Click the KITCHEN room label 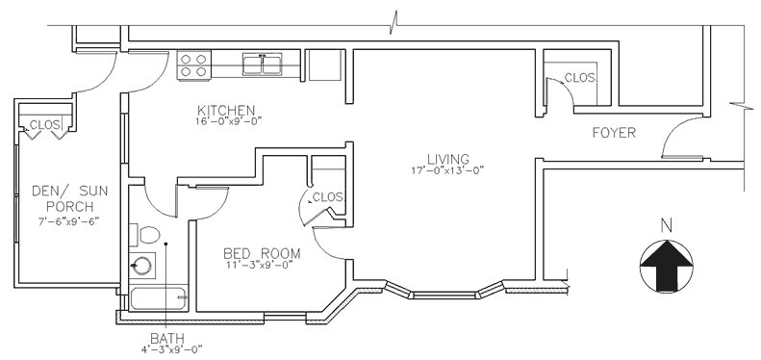(226, 110)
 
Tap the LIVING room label (448, 159)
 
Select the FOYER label (614, 133)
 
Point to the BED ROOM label (262, 253)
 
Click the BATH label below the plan (167, 338)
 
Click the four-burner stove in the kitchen (194, 65)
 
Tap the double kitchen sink (262, 64)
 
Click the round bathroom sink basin (141, 266)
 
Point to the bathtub (158, 297)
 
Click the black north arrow (667, 266)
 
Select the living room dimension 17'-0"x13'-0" (447, 170)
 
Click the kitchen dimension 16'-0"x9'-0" (229, 121)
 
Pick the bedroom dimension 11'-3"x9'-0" (259, 266)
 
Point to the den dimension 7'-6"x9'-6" (68, 221)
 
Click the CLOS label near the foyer (579, 78)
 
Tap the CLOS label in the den (44, 124)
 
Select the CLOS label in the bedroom (328, 197)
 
